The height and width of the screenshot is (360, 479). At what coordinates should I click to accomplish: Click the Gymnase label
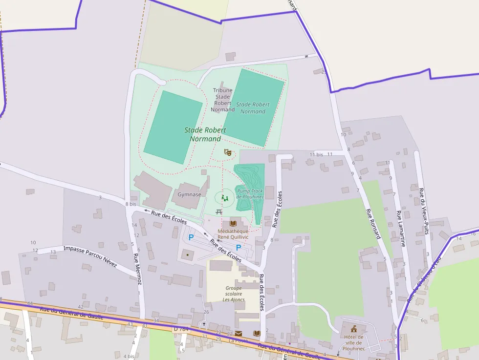point(189,194)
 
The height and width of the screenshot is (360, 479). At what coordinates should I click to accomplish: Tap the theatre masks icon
point(227,152)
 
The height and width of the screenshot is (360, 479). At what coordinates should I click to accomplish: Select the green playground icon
point(224,197)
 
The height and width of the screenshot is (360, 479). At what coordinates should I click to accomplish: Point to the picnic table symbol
point(219,212)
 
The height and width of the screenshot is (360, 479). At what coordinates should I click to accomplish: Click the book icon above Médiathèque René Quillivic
point(233,223)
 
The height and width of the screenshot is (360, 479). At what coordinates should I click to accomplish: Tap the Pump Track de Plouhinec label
point(250,194)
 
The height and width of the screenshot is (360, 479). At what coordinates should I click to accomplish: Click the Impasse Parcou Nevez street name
point(90,256)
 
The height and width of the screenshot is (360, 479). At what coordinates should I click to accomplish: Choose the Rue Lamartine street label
point(401,228)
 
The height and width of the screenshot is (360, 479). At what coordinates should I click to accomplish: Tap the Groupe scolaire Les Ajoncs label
point(233,294)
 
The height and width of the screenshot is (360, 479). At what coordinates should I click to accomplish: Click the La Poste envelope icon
point(238,333)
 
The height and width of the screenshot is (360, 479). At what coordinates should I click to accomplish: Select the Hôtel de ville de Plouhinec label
point(353,343)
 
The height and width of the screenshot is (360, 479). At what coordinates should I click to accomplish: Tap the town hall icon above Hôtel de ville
point(353,328)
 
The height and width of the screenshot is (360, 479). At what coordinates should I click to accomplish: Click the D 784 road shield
point(181,329)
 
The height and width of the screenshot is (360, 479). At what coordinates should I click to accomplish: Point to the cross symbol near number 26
point(204,324)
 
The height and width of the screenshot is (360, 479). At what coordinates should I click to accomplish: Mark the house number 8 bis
point(131,204)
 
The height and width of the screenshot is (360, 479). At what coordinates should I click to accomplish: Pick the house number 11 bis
point(316,154)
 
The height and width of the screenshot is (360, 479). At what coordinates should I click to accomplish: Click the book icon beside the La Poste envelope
point(257,333)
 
